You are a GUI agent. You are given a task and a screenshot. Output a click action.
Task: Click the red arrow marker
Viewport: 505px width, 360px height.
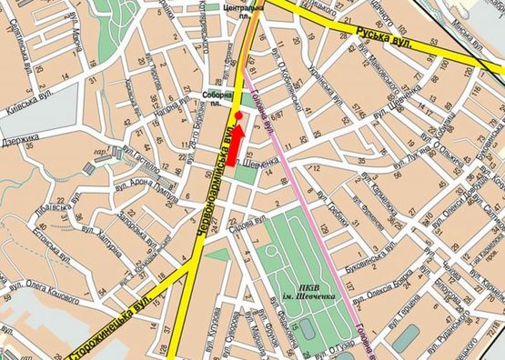[237, 139]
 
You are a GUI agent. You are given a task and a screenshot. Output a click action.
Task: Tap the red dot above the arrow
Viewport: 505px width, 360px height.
[237, 116]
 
